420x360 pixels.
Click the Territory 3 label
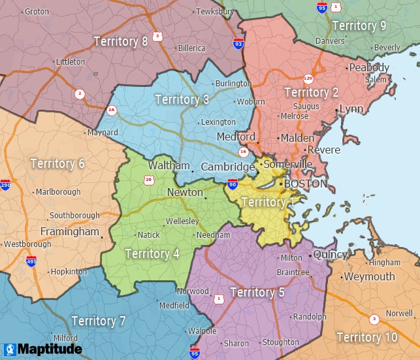coord(182,99)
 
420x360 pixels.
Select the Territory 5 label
coord(257,292)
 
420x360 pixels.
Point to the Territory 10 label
coord(366,337)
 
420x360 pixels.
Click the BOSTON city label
coord(306,184)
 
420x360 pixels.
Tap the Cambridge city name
coord(227,167)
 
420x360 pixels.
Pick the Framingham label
coord(69,232)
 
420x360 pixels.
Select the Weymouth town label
coord(370,276)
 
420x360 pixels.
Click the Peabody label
coord(369,67)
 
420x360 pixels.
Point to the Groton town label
coord(37,12)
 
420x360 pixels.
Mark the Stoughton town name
coord(281,342)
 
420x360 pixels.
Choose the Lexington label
coord(218,122)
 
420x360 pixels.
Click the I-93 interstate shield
coord(238,44)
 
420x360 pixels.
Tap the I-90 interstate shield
coord(233,185)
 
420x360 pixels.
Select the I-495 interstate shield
coord(31,261)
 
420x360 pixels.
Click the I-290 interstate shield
coord(5,185)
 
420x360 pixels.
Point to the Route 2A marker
coord(112,110)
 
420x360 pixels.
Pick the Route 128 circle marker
coord(308,78)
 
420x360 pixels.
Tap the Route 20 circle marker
coord(149,180)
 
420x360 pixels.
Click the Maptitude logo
coord(42,349)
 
